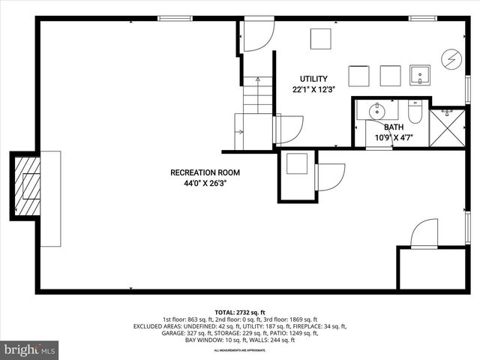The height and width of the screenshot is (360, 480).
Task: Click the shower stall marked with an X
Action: click(x=448, y=127)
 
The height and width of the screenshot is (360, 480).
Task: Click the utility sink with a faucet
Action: click(x=420, y=75)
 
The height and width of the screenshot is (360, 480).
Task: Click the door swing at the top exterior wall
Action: click(x=258, y=36)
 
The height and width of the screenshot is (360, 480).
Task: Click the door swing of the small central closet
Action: click(x=330, y=177)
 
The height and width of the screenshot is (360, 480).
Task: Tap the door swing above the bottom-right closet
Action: click(x=424, y=232)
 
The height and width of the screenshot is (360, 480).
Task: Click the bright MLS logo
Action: click(x=31, y=349)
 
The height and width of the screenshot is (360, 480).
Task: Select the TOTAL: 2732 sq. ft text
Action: click(x=240, y=312)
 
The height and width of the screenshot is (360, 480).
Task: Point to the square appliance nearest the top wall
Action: click(x=321, y=39)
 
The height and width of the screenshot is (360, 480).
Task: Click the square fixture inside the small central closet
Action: click(x=297, y=164)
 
